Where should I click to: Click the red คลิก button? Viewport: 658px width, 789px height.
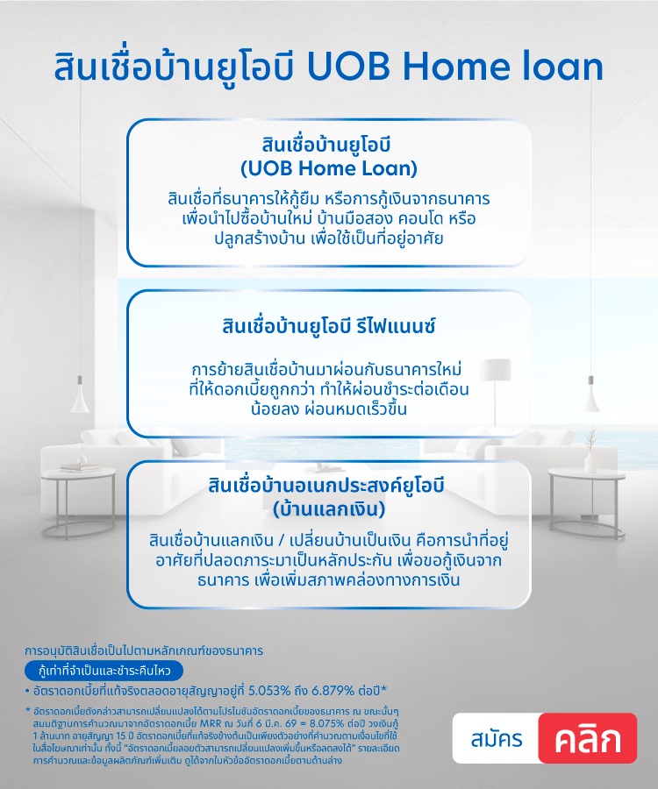coord(587,738)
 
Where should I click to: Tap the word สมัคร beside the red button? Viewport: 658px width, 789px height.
coord(496,738)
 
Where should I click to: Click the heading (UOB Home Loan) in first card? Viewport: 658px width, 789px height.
coord(328,167)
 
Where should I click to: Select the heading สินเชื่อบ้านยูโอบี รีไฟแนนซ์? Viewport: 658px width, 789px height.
coord(329,327)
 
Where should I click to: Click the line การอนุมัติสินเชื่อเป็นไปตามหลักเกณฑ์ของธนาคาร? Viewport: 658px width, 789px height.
coord(144,651)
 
